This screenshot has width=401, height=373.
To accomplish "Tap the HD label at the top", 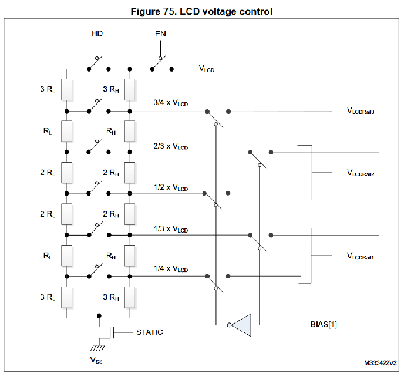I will [97, 33].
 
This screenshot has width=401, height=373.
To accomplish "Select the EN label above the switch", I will [160, 33].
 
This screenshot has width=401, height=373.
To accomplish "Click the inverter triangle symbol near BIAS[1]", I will [241, 324].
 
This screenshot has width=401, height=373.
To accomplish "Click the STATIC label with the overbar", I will [149, 332].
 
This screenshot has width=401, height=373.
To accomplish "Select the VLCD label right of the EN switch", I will [206, 69].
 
